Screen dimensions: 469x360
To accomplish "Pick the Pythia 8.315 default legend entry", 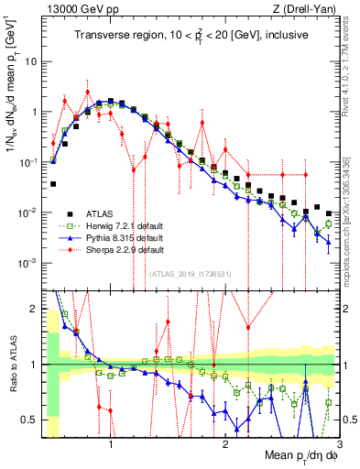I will pos(119,238).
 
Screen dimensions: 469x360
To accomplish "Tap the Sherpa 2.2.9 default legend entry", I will pos(119,249).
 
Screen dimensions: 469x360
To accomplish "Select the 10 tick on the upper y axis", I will pos(33,62).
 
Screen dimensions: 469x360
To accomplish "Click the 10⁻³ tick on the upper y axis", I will pos(29,262).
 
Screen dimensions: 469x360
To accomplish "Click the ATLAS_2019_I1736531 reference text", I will pos(191,274).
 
